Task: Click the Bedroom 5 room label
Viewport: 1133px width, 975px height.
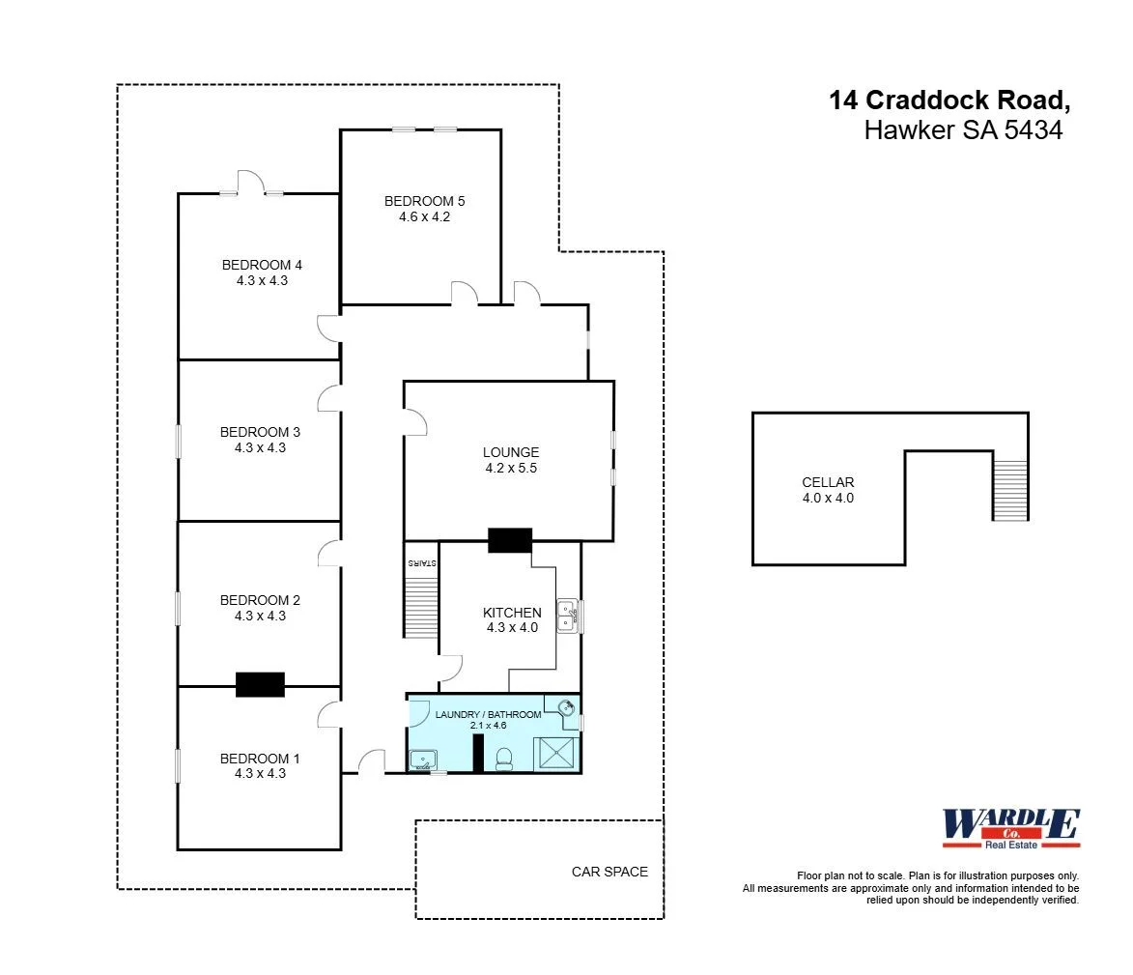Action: pyautogui.click(x=424, y=201)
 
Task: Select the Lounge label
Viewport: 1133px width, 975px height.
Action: pyautogui.click(x=510, y=452)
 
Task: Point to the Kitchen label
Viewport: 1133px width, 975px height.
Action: pyautogui.click(x=512, y=613)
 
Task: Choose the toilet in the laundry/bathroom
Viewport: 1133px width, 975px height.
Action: pyautogui.click(x=502, y=760)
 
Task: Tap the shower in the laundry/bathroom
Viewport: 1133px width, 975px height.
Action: pyautogui.click(x=557, y=752)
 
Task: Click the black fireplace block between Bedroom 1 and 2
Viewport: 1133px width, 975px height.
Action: pyautogui.click(x=260, y=684)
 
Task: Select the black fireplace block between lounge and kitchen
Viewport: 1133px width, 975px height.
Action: pyautogui.click(x=509, y=540)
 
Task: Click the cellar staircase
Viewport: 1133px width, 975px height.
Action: pyautogui.click(x=1010, y=490)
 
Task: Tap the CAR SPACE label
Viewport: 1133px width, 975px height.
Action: pyautogui.click(x=609, y=872)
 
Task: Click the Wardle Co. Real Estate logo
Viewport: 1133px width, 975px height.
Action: pyautogui.click(x=1010, y=829)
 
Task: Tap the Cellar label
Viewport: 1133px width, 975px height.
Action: pyautogui.click(x=828, y=482)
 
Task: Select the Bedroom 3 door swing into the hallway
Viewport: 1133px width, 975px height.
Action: pyautogui.click(x=328, y=398)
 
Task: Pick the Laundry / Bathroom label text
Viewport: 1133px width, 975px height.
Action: pyautogui.click(x=488, y=714)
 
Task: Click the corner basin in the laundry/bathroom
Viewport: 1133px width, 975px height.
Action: pyautogui.click(x=567, y=706)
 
